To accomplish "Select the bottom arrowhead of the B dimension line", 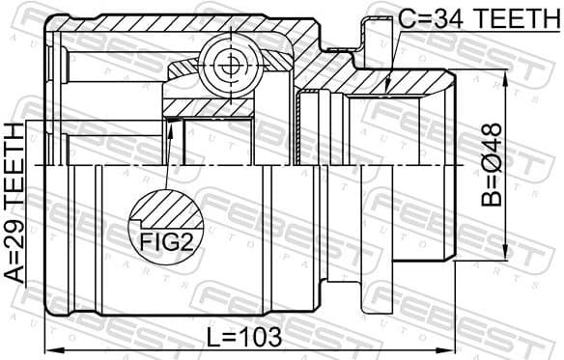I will point(505,255).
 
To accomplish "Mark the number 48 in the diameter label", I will point(492,136).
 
